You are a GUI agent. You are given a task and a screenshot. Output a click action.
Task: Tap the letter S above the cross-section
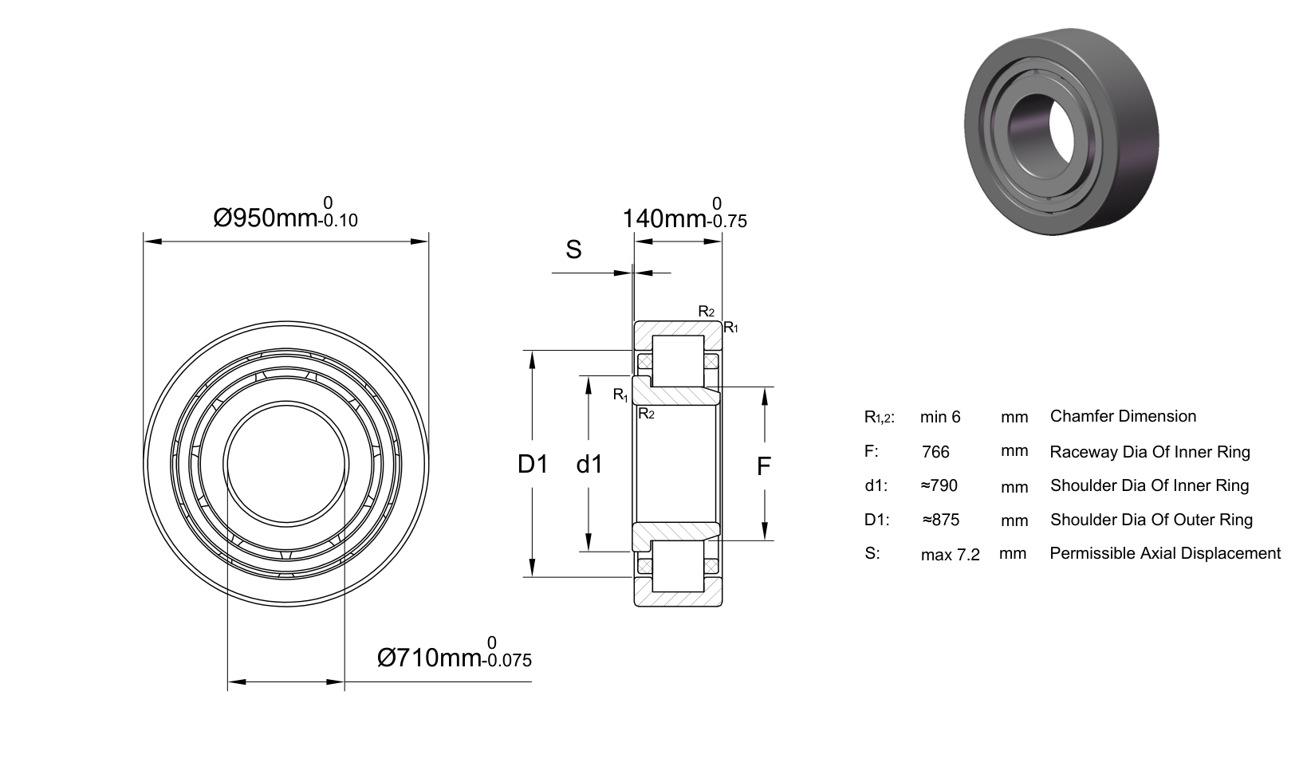click(573, 249)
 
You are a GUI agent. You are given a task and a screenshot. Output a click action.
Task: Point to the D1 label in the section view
click(533, 465)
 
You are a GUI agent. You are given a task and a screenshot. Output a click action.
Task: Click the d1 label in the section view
click(589, 465)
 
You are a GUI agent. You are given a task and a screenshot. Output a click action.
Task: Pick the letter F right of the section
click(764, 466)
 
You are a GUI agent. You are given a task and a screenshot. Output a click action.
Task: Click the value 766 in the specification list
click(935, 452)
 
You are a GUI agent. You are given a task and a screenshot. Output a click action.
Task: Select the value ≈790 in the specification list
click(939, 485)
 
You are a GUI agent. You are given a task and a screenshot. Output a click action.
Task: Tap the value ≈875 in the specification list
click(941, 520)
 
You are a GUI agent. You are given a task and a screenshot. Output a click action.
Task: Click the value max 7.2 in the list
click(951, 555)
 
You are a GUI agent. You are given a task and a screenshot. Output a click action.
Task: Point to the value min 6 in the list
click(940, 417)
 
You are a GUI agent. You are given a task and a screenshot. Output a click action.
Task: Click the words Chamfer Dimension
click(1124, 416)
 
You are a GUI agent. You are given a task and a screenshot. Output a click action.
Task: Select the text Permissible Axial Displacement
click(1165, 553)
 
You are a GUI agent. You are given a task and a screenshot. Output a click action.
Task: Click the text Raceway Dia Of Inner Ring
click(1150, 452)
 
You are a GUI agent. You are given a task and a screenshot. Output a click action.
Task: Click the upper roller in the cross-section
click(679, 361)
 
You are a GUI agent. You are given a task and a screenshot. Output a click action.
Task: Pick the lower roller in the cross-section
click(679, 566)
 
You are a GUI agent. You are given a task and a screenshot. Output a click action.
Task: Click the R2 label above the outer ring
click(707, 312)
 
